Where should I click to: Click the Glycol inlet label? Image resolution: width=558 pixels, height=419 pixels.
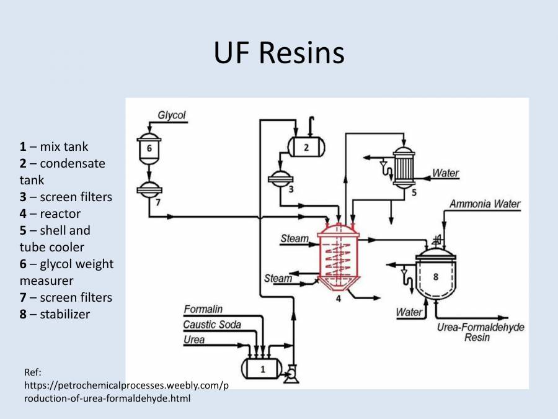[x=171, y=115]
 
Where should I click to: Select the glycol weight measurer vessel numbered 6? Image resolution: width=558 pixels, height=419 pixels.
[x=149, y=149]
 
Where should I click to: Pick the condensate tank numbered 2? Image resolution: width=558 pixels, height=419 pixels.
[x=306, y=146]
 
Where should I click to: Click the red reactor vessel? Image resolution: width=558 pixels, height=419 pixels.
[x=338, y=258]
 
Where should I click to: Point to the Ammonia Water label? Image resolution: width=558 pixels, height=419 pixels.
[x=485, y=204]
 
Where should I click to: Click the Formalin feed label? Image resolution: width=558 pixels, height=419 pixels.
[x=203, y=309]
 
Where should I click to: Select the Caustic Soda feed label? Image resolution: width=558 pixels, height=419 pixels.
[x=212, y=324]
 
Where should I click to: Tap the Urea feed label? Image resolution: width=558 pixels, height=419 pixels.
[x=194, y=340]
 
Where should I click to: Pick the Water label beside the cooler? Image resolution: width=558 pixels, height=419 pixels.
[x=446, y=173]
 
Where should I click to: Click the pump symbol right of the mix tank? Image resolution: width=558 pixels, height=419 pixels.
[x=290, y=373]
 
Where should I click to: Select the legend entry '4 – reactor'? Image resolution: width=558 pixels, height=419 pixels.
[x=50, y=214]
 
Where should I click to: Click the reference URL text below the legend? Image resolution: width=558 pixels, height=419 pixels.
[x=124, y=385]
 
